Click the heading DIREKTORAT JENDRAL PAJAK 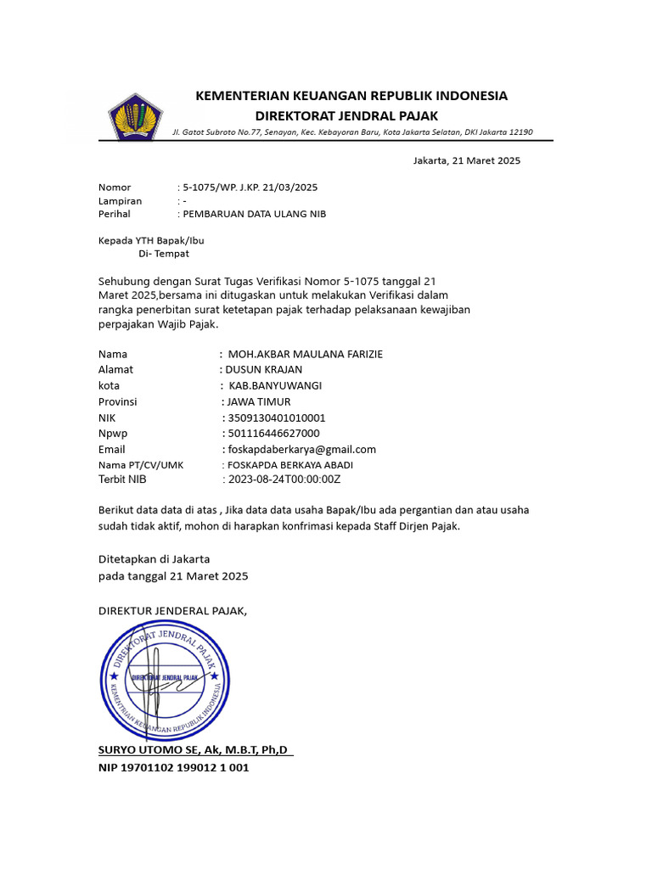pos(347,116)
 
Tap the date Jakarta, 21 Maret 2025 pos(466,160)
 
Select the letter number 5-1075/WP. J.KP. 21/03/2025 pos(250,188)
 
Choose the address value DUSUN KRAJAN pos(263,370)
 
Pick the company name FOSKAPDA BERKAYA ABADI pos(289,465)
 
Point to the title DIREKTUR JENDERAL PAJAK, pos(172,610)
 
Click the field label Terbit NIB pos(122,479)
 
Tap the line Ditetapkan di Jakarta pos(154,559)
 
